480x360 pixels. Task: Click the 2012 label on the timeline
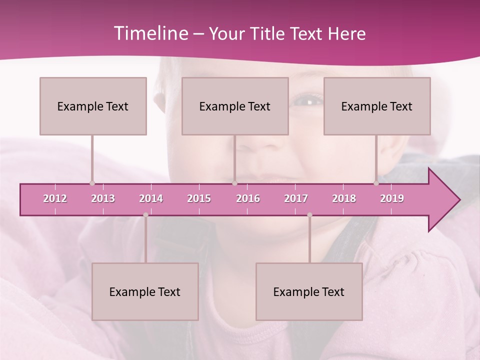(55, 198)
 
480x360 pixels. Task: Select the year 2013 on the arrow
(103, 198)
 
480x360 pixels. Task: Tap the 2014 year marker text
(151, 198)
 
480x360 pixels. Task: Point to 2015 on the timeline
(199, 198)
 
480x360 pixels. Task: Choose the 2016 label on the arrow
(248, 198)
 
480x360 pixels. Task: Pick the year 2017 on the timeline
(296, 198)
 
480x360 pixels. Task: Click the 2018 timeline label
(344, 198)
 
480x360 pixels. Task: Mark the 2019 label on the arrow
(392, 198)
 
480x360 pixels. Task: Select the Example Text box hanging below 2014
(145, 291)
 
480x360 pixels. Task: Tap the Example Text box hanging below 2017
(309, 291)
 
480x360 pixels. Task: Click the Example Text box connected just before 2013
(93, 106)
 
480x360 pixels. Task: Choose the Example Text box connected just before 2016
(235, 106)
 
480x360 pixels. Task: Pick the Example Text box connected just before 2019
(377, 106)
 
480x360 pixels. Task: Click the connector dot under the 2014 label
(145, 215)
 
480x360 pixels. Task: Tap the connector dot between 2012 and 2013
(92, 183)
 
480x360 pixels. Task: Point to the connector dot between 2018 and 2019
(376, 183)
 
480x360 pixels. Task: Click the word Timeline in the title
(150, 33)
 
